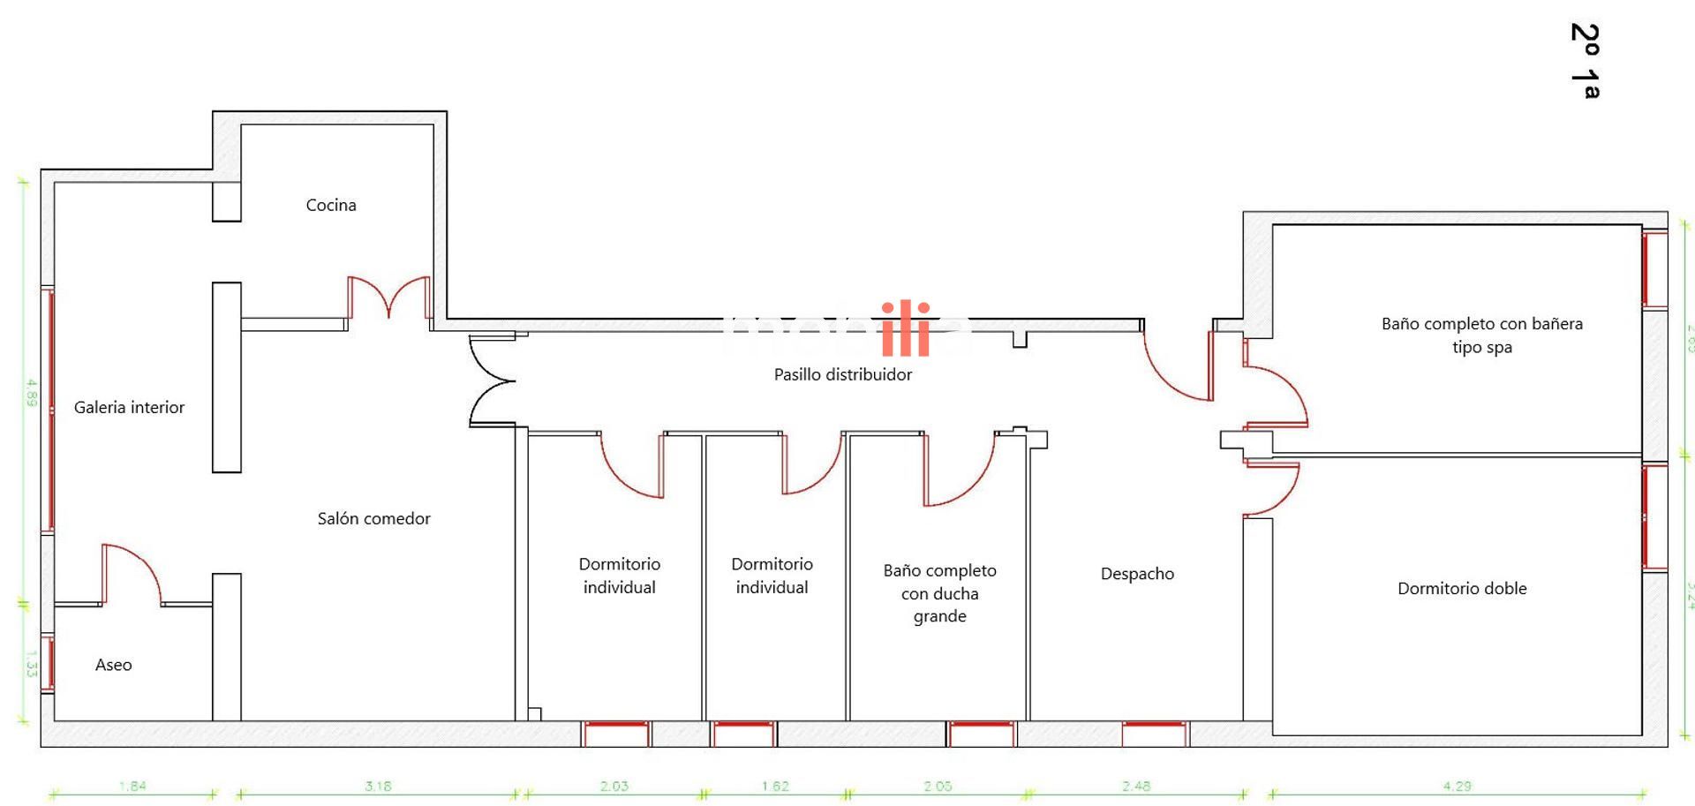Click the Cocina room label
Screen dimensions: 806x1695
click(x=331, y=205)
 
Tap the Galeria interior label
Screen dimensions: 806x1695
click(x=129, y=407)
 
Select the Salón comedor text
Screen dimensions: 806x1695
click(x=373, y=518)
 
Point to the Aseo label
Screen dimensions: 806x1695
click(x=113, y=665)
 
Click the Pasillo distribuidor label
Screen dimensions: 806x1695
click(x=842, y=374)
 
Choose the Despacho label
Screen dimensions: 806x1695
click(x=1137, y=574)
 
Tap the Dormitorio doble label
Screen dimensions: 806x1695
click(x=1461, y=588)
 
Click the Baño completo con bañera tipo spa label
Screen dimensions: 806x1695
click(x=1481, y=335)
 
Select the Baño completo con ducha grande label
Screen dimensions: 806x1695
click(x=939, y=593)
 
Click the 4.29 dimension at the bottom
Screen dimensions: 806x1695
click(x=1457, y=786)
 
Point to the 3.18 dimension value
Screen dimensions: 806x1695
click(x=378, y=786)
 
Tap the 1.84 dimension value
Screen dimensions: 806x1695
click(x=132, y=786)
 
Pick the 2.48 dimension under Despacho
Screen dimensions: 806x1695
click(x=1136, y=786)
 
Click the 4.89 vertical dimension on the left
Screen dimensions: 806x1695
click(x=31, y=393)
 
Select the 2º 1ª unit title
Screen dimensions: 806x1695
click(x=1586, y=60)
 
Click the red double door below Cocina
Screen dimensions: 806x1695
click(x=388, y=298)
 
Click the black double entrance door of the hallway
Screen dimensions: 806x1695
click(x=491, y=380)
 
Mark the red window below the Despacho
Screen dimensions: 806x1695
click(x=1155, y=733)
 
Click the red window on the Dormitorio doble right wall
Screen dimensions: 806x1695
click(x=1654, y=516)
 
